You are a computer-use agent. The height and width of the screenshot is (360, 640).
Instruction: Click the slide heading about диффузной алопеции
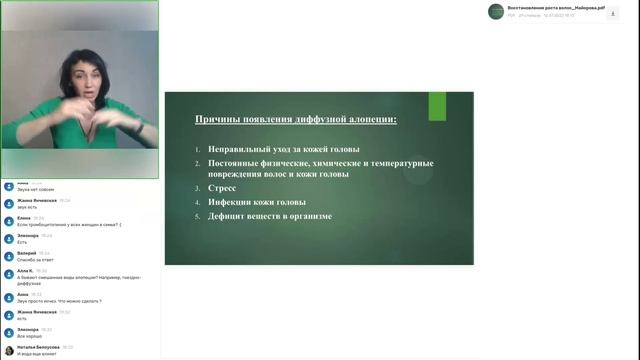pos(296,120)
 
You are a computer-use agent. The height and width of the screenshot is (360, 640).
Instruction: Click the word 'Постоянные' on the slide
pos(236,162)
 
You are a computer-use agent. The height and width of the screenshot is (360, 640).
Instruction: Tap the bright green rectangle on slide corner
pos(437,106)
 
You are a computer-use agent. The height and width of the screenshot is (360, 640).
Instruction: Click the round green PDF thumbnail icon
pos(496,11)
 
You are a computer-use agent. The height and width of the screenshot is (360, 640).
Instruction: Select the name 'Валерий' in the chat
pos(27,253)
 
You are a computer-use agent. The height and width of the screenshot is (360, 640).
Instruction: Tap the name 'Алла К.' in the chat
pos(26,271)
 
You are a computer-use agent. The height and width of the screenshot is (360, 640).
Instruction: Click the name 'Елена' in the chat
pos(24,217)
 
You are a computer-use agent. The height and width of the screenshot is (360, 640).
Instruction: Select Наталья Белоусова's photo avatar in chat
pos(8,350)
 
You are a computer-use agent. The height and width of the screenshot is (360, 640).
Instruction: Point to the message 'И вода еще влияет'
pos(38,354)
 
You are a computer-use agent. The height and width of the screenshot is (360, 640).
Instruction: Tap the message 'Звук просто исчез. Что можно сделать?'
pos(59,301)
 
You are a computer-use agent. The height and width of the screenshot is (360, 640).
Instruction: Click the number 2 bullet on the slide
pos(198,162)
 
